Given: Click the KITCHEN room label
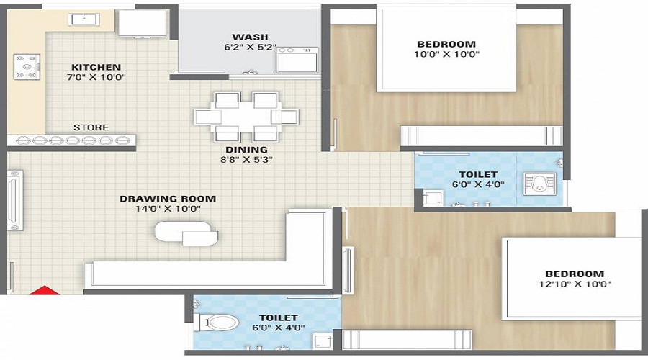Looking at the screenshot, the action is pos(96,67).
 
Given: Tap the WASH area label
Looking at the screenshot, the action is pos(250,37).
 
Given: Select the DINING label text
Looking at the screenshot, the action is pos(247,150).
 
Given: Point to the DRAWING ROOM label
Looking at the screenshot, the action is pos(168,199).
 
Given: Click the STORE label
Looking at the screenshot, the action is pos(91,127).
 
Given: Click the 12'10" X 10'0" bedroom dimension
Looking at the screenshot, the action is pos(575,284).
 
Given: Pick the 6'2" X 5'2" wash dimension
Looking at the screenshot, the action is pos(250,47).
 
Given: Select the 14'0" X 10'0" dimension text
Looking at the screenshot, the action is pos(168,209).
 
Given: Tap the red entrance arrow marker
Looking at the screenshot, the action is pos(44,290).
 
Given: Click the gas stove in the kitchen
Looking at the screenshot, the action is pos(27,66).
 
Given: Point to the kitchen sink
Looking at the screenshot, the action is pos(84,19).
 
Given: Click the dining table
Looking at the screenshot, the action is pos(246,117).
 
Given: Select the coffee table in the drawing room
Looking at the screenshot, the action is pos(186,233).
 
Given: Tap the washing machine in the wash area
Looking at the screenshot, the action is pos(297,60).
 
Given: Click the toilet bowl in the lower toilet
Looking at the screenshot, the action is pos(219,322).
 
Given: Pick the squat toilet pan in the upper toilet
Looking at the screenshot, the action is pos(540,184).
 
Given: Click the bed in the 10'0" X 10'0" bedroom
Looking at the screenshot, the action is pos(446,49).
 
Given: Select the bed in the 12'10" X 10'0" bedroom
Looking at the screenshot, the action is pos(572,279).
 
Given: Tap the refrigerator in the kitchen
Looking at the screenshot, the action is pos(142,23).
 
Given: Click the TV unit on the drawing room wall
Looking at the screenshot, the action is pos(15,200).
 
